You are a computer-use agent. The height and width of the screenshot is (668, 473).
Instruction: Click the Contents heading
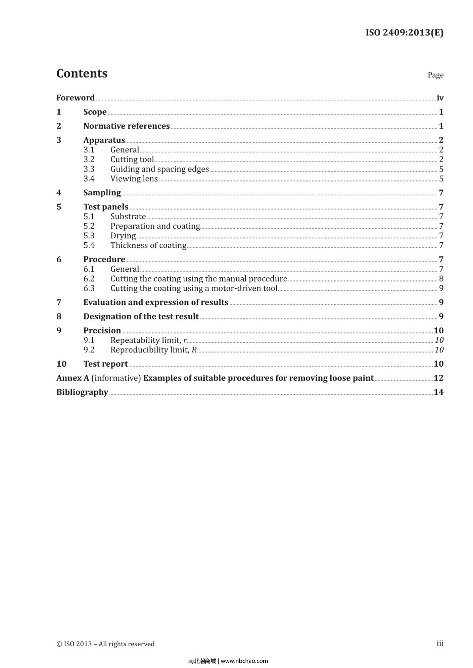[x=82, y=74]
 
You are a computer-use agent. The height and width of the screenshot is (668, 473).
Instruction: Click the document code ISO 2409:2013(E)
[x=404, y=33]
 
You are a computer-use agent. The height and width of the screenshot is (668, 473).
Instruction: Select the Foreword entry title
[x=75, y=98]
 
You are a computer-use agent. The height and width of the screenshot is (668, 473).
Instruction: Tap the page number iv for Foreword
[x=440, y=98]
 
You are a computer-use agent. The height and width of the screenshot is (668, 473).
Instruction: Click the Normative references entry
[x=127, y=126]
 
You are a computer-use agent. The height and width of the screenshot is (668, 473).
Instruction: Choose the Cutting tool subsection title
[x=132, y=160]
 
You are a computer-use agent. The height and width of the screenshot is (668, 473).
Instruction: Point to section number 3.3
[x=89, y=169]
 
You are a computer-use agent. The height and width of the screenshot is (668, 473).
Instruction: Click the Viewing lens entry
[x=134, y=179]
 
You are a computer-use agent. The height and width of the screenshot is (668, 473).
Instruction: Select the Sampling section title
[x=102, y=193]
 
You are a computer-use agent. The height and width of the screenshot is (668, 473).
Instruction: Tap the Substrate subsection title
[x=128, y=217]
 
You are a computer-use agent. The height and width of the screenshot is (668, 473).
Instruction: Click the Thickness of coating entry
[x=148, y=245]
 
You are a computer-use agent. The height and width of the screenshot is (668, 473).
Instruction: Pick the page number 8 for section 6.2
[x=441, y=279]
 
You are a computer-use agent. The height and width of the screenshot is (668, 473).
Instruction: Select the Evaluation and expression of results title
[x=156, y=302]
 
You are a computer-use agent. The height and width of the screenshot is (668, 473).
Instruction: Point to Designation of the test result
[x=141, y=317]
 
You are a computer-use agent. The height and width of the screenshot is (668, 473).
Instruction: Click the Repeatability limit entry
[x=149, y=340]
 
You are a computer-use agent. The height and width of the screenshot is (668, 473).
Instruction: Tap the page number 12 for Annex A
[x=438, y=378]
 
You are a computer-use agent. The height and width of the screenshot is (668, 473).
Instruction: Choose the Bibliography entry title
[x=82, y=392]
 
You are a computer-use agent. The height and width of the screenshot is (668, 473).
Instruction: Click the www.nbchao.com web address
[x=244, y=661]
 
